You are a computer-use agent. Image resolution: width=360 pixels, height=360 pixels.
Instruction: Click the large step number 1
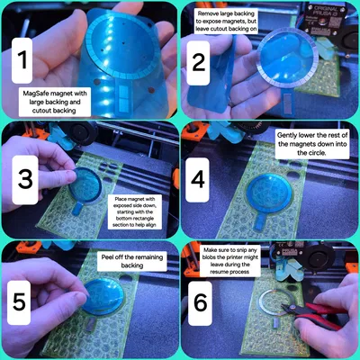point(22,59)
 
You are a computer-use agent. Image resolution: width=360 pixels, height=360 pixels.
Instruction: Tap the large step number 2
point(199,62)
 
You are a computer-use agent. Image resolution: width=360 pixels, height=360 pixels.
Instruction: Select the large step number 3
point(25,179)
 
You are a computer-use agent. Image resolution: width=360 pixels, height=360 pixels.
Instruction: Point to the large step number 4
point(198,179)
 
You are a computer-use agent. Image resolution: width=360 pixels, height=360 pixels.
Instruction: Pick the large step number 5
point(20,301)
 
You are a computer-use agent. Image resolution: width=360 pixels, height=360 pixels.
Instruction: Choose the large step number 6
point(201,302)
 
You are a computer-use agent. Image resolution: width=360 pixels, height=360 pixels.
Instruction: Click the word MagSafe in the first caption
point(36,94)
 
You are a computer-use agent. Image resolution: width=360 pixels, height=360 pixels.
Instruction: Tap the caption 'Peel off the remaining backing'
point(132,261)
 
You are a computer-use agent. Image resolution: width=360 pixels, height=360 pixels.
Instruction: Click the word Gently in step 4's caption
point(287,135)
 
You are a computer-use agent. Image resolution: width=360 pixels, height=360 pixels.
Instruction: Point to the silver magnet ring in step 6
point(260,301)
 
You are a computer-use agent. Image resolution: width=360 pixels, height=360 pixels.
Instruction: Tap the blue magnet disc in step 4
point(268,193)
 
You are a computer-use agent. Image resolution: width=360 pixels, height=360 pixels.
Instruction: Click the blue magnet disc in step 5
point(103,296)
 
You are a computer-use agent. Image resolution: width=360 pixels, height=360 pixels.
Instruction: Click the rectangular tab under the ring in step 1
point(123,96)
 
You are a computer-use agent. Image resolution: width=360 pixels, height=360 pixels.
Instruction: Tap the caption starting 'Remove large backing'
point(227,22)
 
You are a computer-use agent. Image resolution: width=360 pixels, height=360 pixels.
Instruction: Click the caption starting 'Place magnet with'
point(135,211)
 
